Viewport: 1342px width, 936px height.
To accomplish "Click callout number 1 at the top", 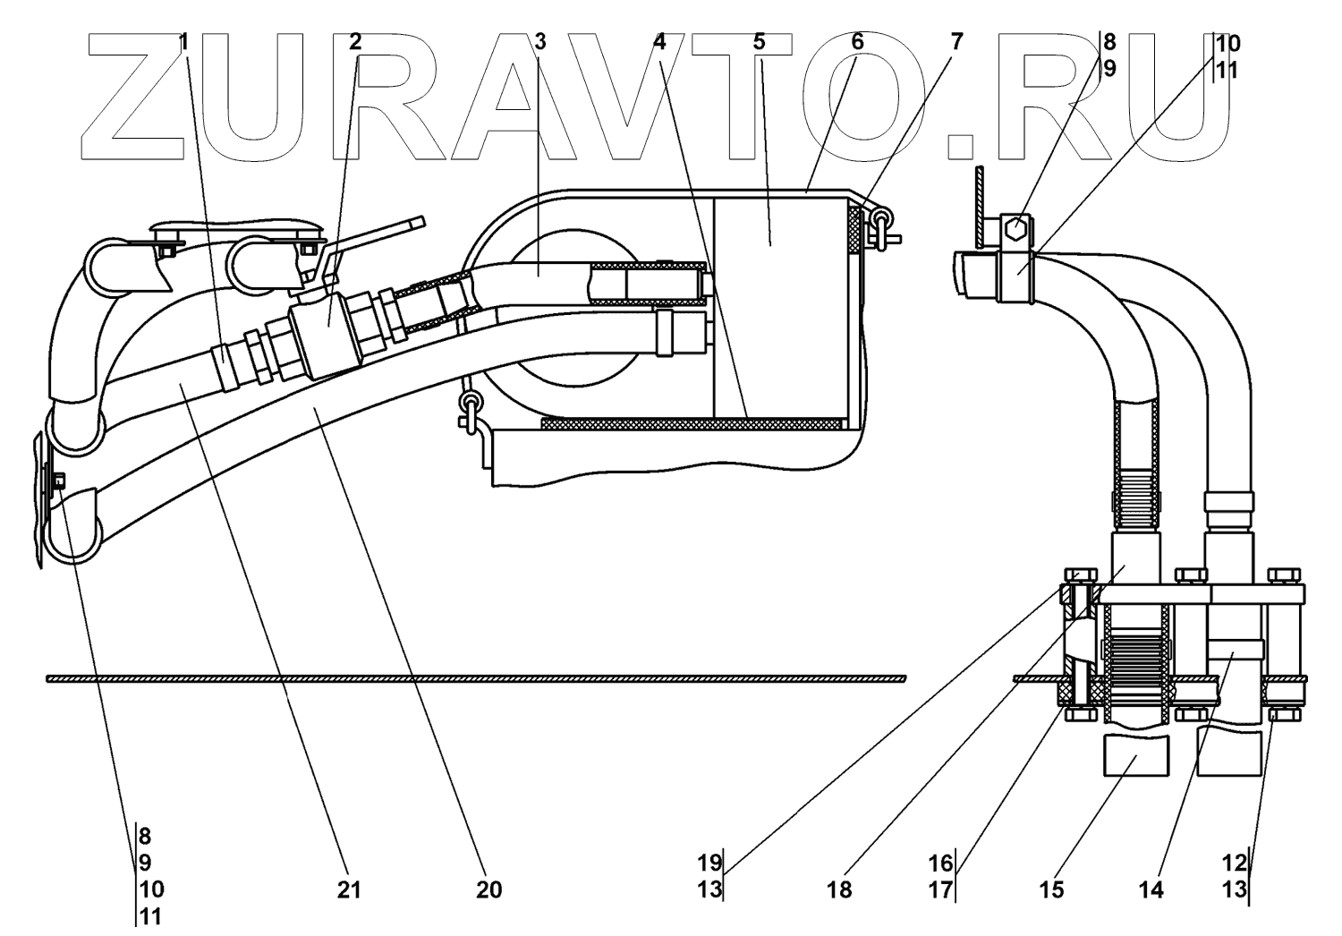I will (x=184, y=41).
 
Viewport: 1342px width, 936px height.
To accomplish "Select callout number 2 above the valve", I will (x=356, y=41).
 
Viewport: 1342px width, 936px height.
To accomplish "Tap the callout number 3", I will (x=539, y=41).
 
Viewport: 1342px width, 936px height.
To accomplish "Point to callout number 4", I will (x=661, y=41).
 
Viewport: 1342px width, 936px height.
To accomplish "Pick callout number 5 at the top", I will (x=760, y=41).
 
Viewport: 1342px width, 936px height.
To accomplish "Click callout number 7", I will (x=957, y=41).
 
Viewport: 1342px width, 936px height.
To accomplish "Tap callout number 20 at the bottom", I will (x=489, y=889).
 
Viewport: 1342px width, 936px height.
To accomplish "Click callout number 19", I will (x=710, y=863).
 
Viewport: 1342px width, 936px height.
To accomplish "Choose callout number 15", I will (x=1051, y=889).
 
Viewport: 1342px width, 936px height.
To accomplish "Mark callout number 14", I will (x=1151, y=889).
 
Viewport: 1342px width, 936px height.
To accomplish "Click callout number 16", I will (x=940, y=863).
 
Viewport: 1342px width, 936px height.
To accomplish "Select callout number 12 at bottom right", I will (x=1235, y=863).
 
